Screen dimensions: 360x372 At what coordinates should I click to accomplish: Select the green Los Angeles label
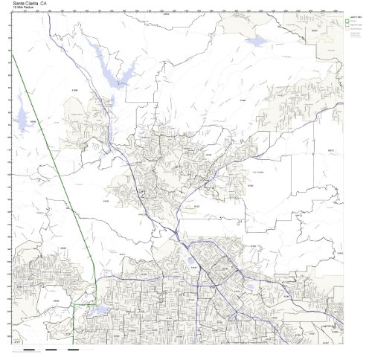[x=260, y=172]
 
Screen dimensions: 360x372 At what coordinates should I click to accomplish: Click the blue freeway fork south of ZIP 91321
[x=176, y=230]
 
